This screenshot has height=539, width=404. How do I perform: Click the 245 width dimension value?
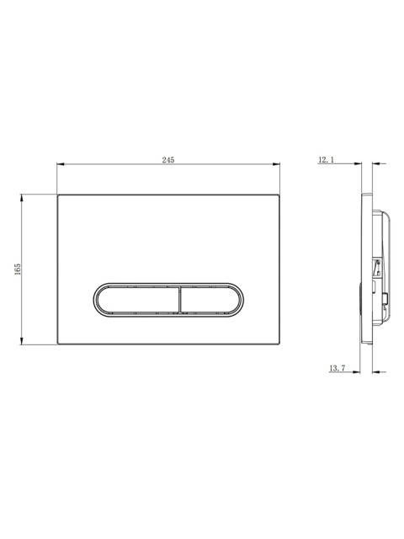(x=168, y=160)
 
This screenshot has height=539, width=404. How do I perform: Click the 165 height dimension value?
(x=18, y=269)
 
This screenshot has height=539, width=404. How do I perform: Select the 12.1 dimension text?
(x=327, y=159)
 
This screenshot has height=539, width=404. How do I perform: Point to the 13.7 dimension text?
(x=337, y=368)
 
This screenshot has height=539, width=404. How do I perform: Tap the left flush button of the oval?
(x=138, y=299)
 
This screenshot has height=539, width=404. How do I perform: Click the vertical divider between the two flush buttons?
(x=179, y=299)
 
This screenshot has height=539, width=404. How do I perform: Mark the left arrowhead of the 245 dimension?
(x=61, y=164)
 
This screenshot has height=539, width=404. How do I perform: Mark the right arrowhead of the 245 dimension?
(x=276, y=164)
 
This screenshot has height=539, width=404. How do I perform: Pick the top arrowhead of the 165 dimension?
(x=22, y=198)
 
